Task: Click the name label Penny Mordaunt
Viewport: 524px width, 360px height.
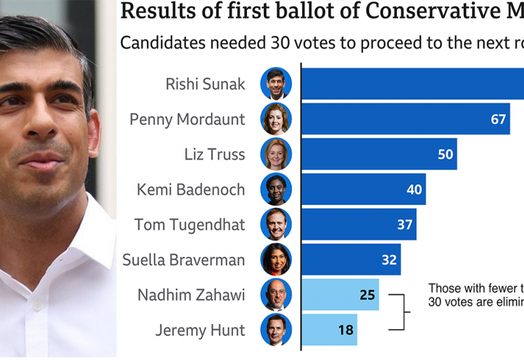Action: (187, 119)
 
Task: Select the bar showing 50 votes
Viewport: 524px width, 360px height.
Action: (379, 154)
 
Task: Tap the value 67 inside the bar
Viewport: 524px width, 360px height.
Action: (498, 119)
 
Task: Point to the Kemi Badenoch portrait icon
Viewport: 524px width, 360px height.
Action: (276, 190)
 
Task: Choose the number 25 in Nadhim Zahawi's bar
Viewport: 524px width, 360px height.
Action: (366, 295)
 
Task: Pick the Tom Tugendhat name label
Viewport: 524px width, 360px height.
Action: (190, 225)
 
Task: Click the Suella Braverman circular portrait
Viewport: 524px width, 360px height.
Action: (276, 260)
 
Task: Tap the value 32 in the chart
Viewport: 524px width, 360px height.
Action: (389, 260)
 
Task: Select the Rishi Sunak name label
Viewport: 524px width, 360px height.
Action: (205, 84)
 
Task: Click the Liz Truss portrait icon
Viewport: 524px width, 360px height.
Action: (276, 154)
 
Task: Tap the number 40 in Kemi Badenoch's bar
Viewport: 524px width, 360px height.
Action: (414, 190)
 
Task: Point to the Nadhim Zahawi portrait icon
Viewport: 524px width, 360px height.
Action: (276, 295)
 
